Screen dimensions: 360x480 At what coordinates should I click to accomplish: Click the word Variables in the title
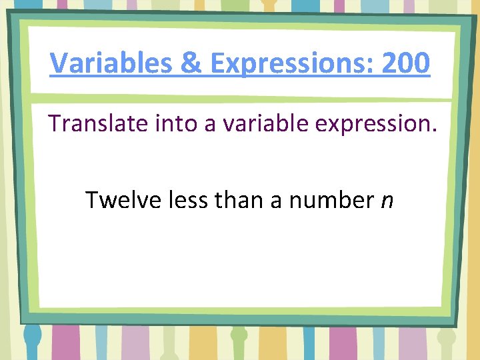[112, 64]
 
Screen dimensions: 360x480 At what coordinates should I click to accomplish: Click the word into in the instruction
[173, 124]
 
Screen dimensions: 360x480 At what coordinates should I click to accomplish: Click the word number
[329, 199]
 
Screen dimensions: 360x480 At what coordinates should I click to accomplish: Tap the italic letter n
[387, 201]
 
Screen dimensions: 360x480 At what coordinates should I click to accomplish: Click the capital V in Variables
[59, 64]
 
